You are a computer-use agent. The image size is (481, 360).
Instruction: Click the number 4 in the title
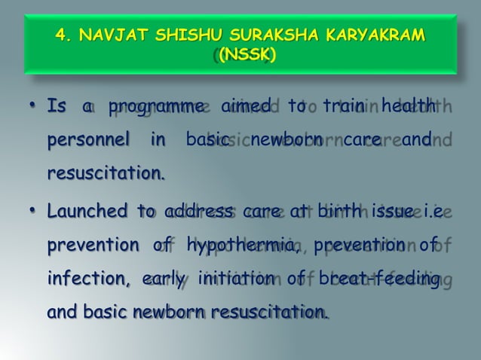pyautogui.click(x=62, y=37)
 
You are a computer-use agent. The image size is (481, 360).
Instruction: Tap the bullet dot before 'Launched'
pyautogui.click(x=34, y=212)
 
